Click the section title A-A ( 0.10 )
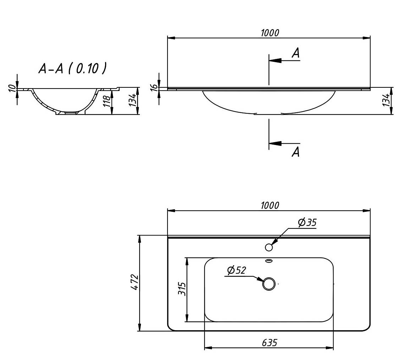72,68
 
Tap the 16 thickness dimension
153,88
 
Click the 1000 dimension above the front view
270,33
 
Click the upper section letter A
296,53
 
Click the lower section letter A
296,152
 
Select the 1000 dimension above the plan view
270,205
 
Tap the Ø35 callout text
307,223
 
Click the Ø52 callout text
236,270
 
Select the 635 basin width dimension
269,343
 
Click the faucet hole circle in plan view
269,247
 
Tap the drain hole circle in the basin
269,284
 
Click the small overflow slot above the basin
269,261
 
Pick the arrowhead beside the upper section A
275,60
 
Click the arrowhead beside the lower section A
275,144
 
